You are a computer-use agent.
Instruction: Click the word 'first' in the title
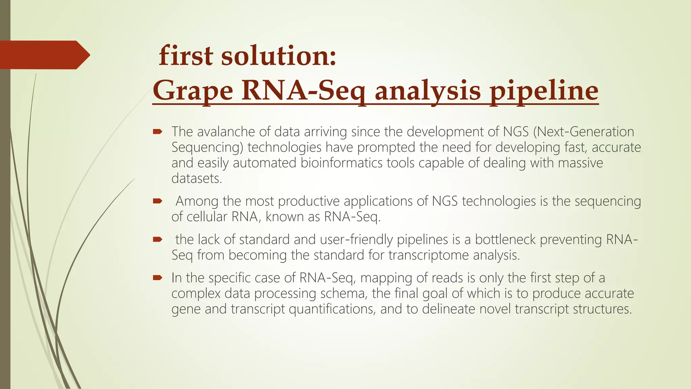click(x=186, y=56)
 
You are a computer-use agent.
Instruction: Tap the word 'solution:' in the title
click(x=279, y=56)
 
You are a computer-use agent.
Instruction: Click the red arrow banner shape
click(x=44, y=55)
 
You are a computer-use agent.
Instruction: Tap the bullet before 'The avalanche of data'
click(x=158, y=132)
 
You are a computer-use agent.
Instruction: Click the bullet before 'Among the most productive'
click(x=158, y=201)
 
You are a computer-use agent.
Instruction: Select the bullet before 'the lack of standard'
click(x=158, y=239)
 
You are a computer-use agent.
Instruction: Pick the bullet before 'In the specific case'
click(x=158, y=278)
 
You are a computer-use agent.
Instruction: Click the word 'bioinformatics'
click(x=341, y=163)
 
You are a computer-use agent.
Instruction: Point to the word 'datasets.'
click(x=197, y=178)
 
